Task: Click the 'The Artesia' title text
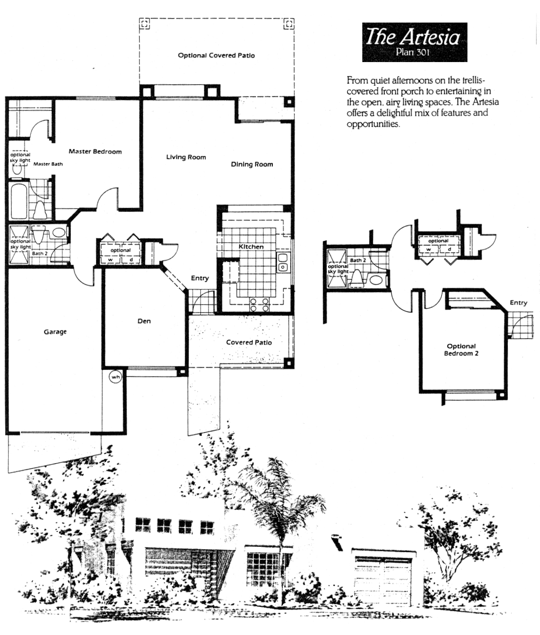click(x=413, y=37)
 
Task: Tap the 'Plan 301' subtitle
click(x=413, y=52)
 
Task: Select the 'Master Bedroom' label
click(x=95, y=151)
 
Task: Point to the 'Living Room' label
click(x=186, y=157)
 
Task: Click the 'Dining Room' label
click(x=252, y=165)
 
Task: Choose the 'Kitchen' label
click(x=251, y=247)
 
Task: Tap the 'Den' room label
click(x=144, y=321)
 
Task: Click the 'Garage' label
click(x=55, y=332)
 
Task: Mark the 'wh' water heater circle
click(x=116, y=377)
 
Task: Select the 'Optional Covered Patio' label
click(x=216, y=56)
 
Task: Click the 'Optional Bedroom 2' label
click(x=461, y=350)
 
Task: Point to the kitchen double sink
click(x=283, y=262)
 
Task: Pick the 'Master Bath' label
click(x=48, y=164)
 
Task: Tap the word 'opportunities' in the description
click(x=373, y=124)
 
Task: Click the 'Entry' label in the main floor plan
click(x=200, y=278)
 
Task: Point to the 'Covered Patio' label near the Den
click(x=249, y=342)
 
